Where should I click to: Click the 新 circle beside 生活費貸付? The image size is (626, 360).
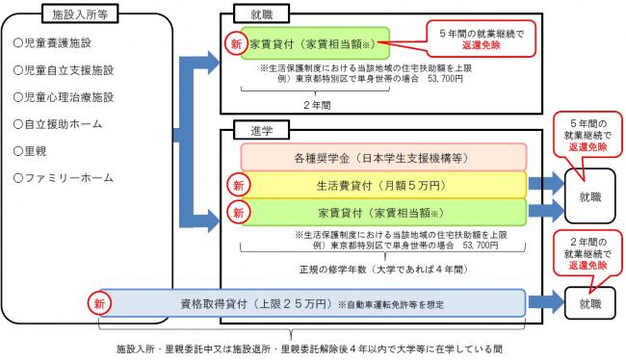[236, 184]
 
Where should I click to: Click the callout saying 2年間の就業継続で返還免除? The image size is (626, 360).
[587, 253]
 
